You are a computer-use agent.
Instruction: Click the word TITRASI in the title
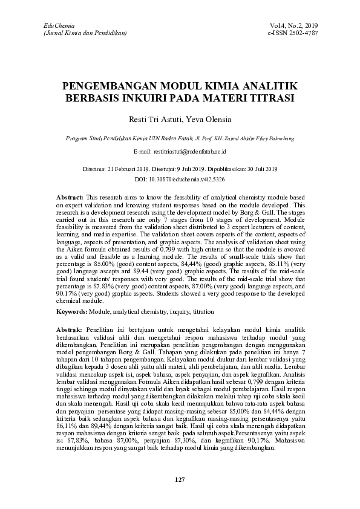pyautogui.click(x=273, y=97)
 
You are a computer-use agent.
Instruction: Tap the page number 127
pyautogui.click(x=180, y=479)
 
